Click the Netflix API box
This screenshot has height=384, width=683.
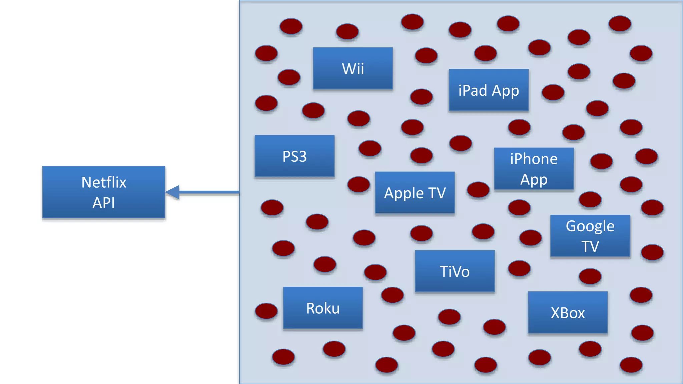coord(104,192)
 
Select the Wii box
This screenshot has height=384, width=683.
coord(353,68)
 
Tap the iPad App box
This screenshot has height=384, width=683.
coord(489,90)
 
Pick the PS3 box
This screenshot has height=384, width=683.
coord(294,156)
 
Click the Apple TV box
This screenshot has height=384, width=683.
coord(415,193)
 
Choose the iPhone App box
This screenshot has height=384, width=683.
coord(534,169)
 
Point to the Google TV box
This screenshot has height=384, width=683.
coord(590,236)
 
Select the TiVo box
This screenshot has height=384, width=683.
coord(455,271)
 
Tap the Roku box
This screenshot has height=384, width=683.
coord(323,308)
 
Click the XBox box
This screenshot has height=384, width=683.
coord(568,313)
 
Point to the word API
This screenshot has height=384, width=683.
coord(104,203)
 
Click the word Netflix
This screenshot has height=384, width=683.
coord(104,182)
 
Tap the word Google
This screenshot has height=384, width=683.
coord(590,226)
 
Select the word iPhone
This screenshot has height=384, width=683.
coord(534,159)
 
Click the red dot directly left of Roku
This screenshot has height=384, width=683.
coord(266,311)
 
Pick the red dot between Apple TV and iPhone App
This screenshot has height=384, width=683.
coord(478,190)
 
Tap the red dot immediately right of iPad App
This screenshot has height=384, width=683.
coord(553,92)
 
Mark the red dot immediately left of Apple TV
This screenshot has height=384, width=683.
coord(359,184)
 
